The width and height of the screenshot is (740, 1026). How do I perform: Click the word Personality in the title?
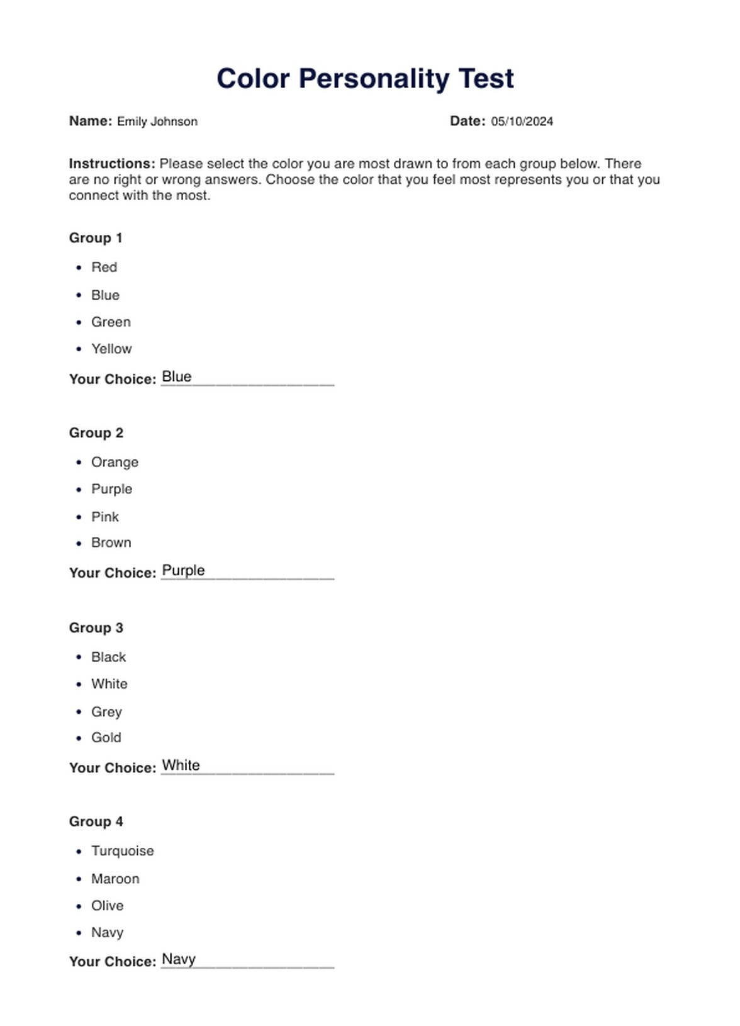[374, 79]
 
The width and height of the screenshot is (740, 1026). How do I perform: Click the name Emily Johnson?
[157, 121]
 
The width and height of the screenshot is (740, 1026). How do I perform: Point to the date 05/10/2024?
[522, 121]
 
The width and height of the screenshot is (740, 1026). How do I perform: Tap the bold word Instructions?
[112, 164]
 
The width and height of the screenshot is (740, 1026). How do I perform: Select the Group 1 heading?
[96, 238]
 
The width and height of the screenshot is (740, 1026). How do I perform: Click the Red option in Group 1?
[104, 268]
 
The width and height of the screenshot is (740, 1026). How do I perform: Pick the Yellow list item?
[111, 349]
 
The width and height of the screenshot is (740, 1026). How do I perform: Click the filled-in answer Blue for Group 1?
[177, 376]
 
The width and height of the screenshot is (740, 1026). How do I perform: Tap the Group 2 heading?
[96, 433]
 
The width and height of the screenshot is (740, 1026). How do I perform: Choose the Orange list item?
[115, 462]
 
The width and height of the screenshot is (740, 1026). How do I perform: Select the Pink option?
[105, 517]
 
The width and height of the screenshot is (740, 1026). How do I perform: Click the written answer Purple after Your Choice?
[184, 570]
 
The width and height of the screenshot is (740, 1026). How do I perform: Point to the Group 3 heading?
[96, 628]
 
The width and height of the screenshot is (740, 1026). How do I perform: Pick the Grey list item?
[106, 712]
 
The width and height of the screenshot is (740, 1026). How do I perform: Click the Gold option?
[106, 738]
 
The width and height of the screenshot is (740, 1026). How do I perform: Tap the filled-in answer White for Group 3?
[181, 765]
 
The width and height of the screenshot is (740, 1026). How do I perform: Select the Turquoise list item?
[123, 851]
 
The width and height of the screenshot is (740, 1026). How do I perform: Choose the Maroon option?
[115, 879]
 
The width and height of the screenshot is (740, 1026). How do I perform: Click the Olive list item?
[107, 906]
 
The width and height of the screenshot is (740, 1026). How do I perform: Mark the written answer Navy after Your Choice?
[179, 959]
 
